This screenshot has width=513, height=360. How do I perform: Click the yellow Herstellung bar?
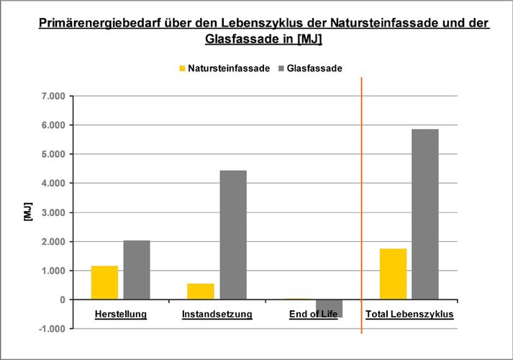(x=104, y=282)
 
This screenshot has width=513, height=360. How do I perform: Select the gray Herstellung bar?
(x=137, y=270)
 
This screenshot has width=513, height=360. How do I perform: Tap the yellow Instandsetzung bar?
(x=201, y=292)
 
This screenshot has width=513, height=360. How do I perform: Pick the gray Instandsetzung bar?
(x=233, y=235)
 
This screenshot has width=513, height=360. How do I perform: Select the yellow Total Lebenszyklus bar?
(x=394, y=274)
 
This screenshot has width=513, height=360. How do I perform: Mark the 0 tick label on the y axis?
(x=63, y=300)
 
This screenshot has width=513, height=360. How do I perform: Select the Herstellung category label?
(x=121, y=315)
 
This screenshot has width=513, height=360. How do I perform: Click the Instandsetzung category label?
(x=217, y=315)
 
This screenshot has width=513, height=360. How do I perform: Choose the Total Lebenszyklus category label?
(x=409, y=315)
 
